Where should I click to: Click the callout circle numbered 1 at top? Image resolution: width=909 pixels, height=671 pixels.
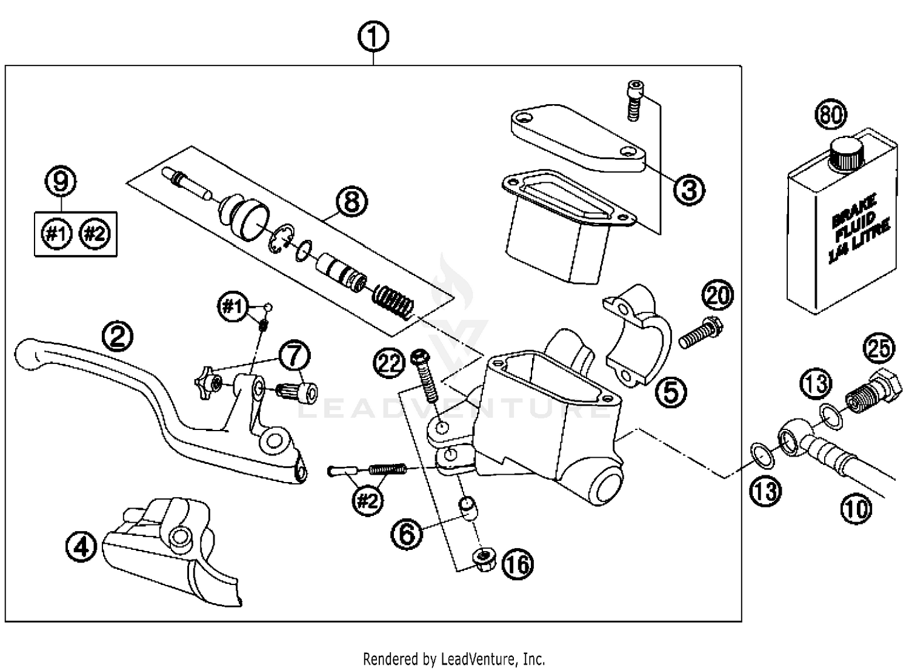(373, 38)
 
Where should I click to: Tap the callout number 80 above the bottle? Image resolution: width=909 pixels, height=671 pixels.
(831, 115)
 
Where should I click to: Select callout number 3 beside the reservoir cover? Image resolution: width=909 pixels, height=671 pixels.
(689, 190)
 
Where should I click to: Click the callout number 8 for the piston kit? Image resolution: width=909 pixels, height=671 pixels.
(351, 202)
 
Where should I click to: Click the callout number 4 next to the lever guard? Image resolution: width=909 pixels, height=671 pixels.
(81, 548)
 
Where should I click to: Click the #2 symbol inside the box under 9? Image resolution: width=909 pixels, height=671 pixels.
(95, 234)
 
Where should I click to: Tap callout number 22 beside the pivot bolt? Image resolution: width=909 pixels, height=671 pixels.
(389, 363)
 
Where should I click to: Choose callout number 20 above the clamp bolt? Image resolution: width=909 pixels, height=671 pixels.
(718, 296)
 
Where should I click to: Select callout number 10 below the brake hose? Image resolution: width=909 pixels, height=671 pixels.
(856, 509)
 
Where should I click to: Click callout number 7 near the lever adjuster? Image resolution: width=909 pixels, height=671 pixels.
(294, 355)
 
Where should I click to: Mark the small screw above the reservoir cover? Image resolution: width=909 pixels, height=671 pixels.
(634, 101)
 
